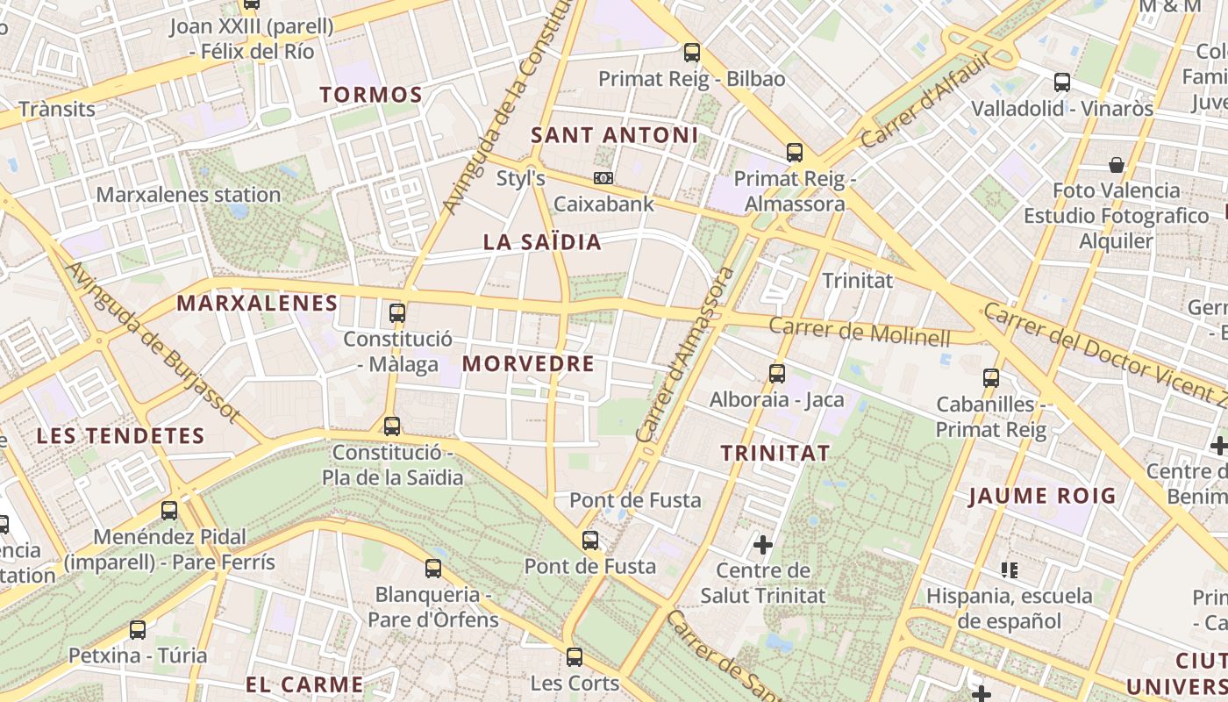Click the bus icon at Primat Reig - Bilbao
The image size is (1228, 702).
(692, 53)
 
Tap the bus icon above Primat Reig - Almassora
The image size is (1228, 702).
(795, 153)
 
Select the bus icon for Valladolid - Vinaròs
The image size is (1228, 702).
(1062, 83)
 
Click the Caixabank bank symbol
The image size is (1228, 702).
(603, 178)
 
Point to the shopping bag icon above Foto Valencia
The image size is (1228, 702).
(1117, 165)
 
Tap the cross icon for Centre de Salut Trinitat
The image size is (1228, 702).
(763, 546)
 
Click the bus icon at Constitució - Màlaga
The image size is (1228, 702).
(397, 312)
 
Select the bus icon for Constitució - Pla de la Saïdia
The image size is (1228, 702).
(392, 426)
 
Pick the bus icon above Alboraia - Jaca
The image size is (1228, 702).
(777, 374)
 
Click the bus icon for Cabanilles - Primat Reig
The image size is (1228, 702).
(991, 378)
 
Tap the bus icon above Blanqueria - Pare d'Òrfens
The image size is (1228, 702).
(433, 569)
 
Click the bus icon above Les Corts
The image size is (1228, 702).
(575, 656)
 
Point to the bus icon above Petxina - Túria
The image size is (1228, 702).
(138, 629)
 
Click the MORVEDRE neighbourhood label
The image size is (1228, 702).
(528, 363)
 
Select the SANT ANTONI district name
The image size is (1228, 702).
(614, 135)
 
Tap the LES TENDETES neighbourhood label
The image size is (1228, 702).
(120, 435)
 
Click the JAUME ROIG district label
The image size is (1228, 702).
(1042, 496)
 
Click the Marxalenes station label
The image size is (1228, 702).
(188, 195)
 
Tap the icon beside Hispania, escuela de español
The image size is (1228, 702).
(1010, 570)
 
